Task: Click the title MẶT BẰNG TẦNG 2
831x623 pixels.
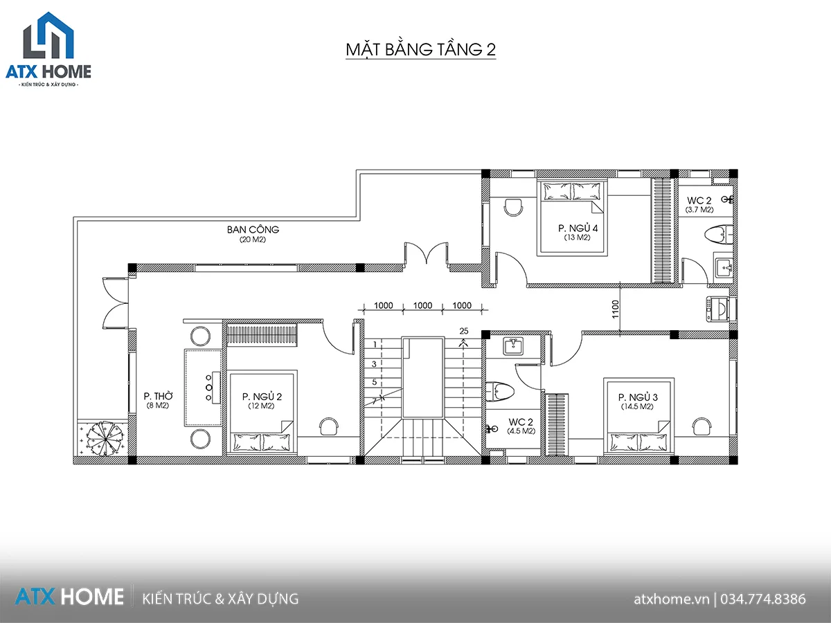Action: click(420, 50)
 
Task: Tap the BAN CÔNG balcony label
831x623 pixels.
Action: click(253, 230)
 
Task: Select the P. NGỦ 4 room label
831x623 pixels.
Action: click(578, 228)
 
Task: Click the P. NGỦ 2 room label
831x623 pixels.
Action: click(262, 397)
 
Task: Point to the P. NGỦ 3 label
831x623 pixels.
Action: click(638, 397)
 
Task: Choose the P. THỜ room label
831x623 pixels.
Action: click(158, 396)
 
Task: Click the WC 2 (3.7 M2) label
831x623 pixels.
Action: click(699, 205)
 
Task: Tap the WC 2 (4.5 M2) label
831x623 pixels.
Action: click(521, 426)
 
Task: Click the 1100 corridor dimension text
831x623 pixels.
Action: click(615, 309)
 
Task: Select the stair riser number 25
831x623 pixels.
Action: click(464, 331)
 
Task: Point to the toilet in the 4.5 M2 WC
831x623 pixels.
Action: click(500, 391)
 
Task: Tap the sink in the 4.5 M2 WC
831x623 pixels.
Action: click(513, 346)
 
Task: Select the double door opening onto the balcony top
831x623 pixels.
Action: click(427, 253)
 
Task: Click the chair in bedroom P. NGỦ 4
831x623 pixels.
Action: click(514, 207)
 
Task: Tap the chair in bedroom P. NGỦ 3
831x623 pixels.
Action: click(702, 426)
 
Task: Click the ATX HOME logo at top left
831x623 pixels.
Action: click(48, 50)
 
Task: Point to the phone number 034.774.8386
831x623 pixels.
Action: click(763, 599)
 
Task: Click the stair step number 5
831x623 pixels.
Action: click(375, 381)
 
